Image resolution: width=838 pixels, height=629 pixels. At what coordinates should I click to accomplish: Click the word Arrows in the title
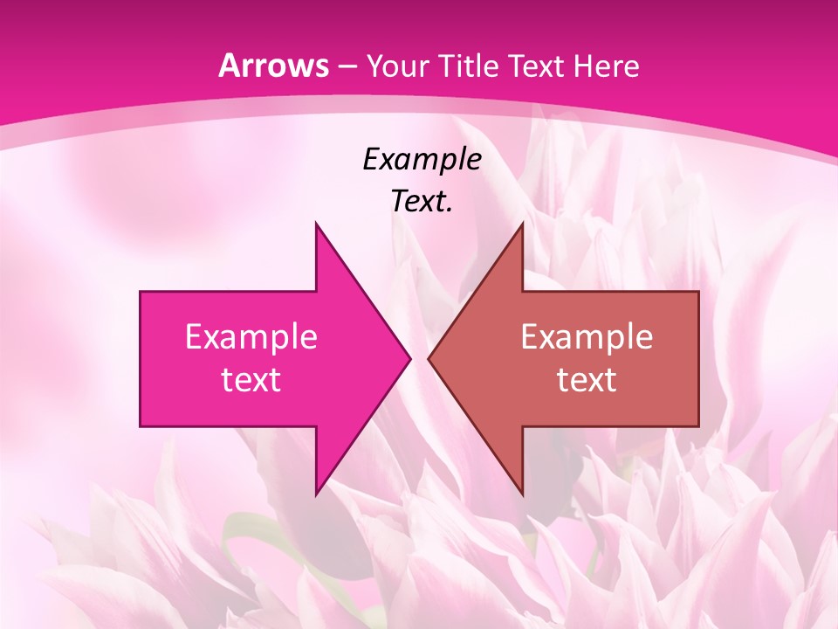[x=273, y=66]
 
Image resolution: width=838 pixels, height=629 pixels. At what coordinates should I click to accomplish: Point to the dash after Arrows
[x=347, y=67]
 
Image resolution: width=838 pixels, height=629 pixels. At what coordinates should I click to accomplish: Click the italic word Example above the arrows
[x=422, y=159]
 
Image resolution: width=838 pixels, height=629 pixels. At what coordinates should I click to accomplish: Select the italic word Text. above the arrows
[x=422, y=202]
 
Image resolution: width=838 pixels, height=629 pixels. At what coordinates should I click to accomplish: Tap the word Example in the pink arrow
[x=251, y=336]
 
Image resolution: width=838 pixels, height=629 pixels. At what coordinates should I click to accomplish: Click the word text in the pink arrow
[x=251, y=379]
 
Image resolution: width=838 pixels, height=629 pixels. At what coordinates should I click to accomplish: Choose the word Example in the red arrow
[x=587, y=336]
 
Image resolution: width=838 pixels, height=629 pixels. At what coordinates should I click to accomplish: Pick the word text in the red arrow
[x=587, y=379]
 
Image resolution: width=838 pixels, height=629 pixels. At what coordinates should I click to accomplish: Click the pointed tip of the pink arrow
[x=409, y=358]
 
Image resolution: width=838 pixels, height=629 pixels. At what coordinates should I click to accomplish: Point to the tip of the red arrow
[x=429, y=358]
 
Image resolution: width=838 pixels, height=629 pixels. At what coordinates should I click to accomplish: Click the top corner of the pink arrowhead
[x=316, y=224]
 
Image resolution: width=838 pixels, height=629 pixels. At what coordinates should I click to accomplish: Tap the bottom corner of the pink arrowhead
[x=316, y=494]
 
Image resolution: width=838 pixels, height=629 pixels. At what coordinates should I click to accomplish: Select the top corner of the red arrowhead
[x=522, y=224]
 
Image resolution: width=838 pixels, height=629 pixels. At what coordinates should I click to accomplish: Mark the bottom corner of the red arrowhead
[x=522, y=494]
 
